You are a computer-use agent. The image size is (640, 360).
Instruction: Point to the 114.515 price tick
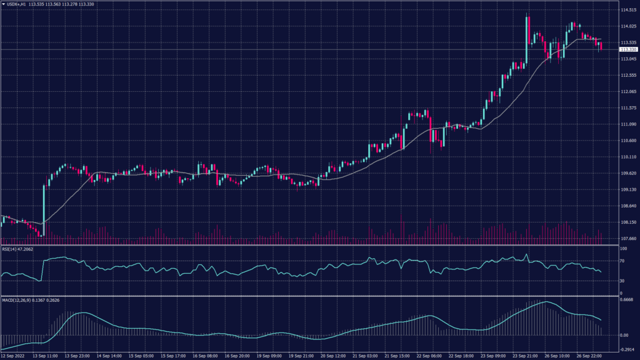[x=627, y=11]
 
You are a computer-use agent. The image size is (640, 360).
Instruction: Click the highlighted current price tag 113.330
[x=627, y=49]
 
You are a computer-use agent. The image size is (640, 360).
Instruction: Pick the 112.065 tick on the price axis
[x=627, y=92]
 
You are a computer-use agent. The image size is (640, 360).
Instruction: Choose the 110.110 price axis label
[x=627, y=157]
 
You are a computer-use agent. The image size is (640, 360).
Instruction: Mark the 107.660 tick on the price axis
[x=627, y=238]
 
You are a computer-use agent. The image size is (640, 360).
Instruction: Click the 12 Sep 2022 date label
[x=13, y=355]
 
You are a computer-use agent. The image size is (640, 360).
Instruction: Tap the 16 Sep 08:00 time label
[x=204, y=355]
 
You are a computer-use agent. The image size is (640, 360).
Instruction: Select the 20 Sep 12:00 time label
[x=333, y=355]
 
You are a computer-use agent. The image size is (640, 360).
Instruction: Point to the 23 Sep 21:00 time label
[x=526, y=355]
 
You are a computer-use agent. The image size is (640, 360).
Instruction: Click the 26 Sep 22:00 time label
[x=589, y=355]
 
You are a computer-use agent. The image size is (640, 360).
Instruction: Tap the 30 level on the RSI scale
[x=622, y=281]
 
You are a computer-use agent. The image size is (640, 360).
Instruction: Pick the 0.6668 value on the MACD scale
[x=626, y=299]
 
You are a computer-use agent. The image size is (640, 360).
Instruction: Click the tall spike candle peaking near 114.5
[x=528, y=37]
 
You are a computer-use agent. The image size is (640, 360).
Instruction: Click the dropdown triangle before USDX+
[x=4, y=4]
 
